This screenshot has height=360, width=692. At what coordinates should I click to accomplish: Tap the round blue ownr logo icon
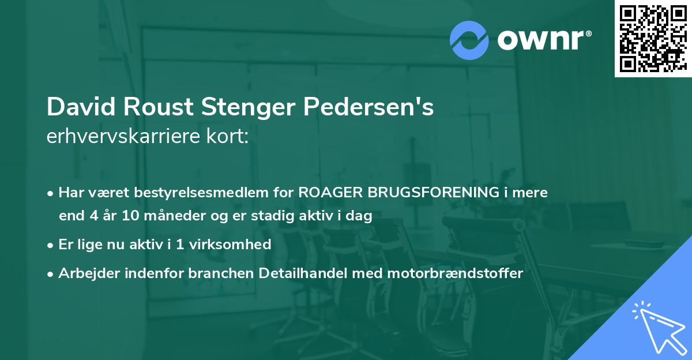pos(469,39)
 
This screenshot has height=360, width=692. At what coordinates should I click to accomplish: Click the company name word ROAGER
pos(332,192)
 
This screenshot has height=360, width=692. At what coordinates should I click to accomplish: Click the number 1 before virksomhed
pos(181,244)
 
